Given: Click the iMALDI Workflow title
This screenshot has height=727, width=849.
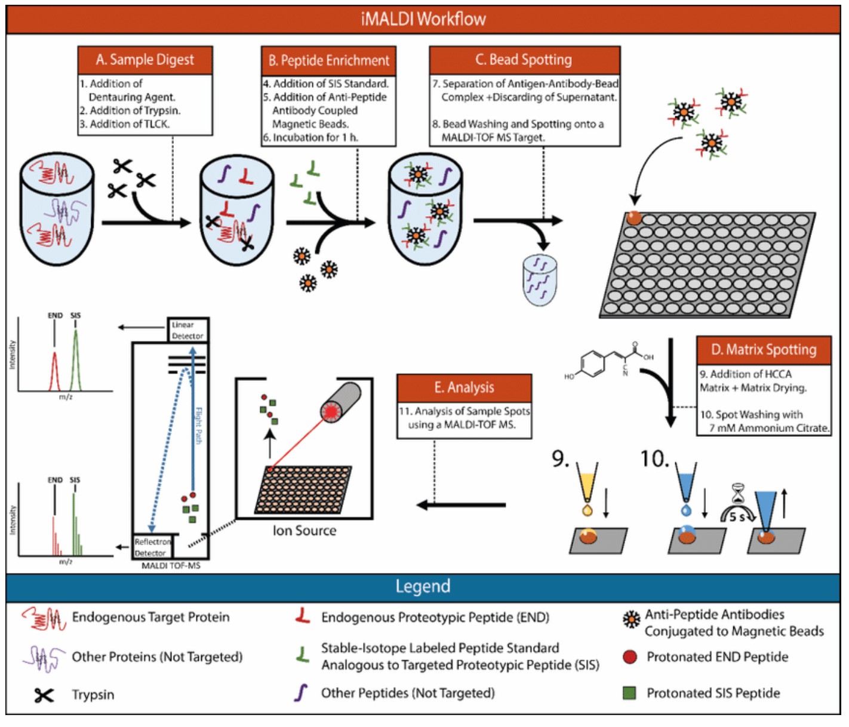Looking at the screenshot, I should pos(423,19).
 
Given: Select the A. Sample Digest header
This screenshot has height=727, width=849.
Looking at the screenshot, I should pos(145,60).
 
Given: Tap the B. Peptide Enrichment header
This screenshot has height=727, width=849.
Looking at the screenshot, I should pos(328,60).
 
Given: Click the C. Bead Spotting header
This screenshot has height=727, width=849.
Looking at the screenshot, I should pos(524,60).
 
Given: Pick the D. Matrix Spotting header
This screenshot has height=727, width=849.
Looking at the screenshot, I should pos(764,350).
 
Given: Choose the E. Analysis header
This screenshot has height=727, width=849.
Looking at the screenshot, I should pos(464,387).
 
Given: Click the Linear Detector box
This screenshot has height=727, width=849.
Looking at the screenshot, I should pos(187,331).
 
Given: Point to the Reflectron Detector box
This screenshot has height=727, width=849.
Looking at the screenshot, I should pos(152,547).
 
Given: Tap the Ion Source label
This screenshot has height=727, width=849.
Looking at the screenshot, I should pos(304,531).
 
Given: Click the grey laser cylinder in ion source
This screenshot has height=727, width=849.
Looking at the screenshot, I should pos(341,402).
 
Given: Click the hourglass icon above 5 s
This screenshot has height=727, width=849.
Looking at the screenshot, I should pos(739,494).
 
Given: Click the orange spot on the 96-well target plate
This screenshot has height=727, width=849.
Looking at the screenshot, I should pos(633,218).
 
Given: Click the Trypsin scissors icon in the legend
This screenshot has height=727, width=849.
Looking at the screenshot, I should pos(44,695).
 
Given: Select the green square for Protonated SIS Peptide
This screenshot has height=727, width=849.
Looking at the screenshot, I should pos(629,693).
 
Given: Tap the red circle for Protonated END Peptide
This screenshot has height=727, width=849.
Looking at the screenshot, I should pos(629,657).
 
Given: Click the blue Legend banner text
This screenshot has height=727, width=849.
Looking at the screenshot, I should pos(423,586).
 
